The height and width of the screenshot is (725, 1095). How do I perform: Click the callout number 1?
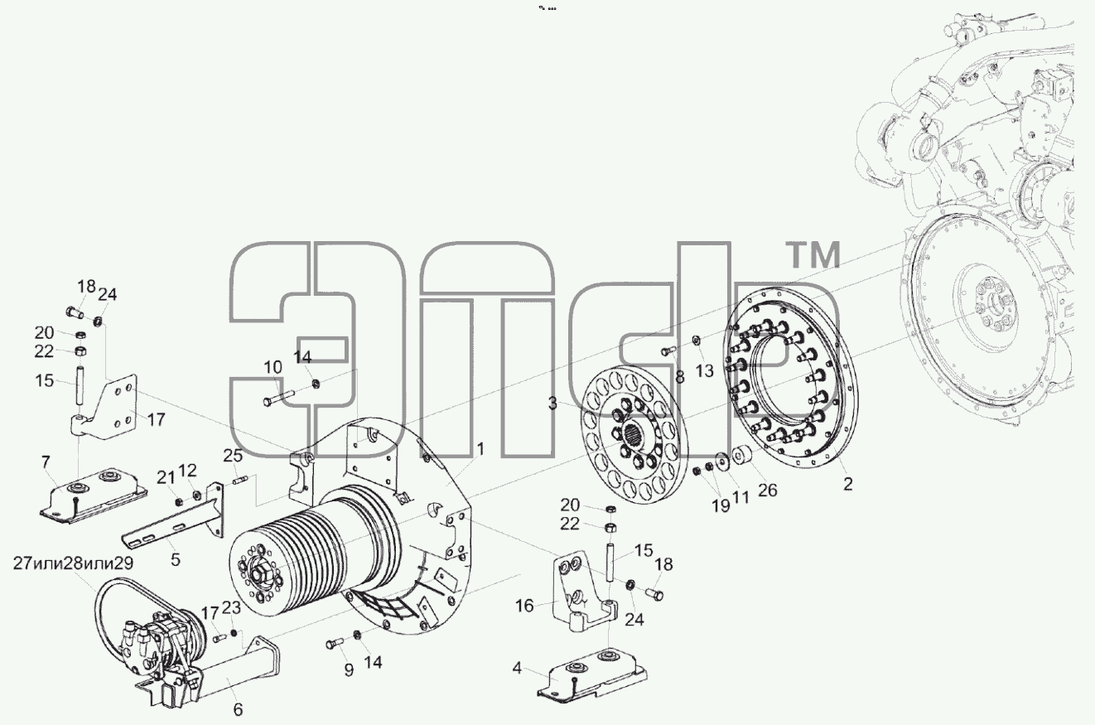pos(480,449)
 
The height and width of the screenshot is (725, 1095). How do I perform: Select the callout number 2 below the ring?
pos(847,484)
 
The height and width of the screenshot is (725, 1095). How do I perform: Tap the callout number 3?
pos(552,404)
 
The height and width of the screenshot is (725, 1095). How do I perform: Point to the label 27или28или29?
pos(74,563)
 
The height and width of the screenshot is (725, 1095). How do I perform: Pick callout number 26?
pos(767,490)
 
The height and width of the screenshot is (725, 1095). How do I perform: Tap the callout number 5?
pos(176,559)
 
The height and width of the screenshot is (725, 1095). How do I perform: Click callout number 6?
pos(238,708)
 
